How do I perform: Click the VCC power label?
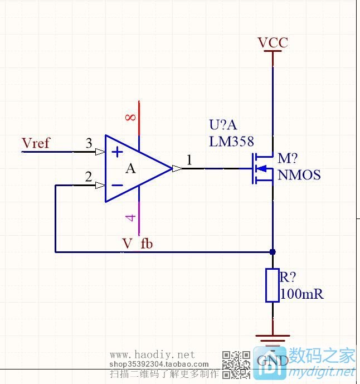(273, 43)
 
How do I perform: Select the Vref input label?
(36, 143)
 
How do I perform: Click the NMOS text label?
(299, 176)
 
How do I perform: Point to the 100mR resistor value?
(302, 294)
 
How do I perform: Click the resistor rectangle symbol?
(273, 285)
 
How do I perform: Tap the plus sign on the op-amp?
(117, 152)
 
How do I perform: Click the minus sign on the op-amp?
(117, 185)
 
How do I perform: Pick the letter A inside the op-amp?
(130, 169)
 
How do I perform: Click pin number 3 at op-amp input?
(89, 143)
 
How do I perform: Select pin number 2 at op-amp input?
(88, 177)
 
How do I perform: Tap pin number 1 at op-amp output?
(189, 161)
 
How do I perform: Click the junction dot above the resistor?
(273, 252)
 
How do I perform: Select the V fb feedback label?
(138, 244)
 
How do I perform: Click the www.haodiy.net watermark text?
(152, 354)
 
